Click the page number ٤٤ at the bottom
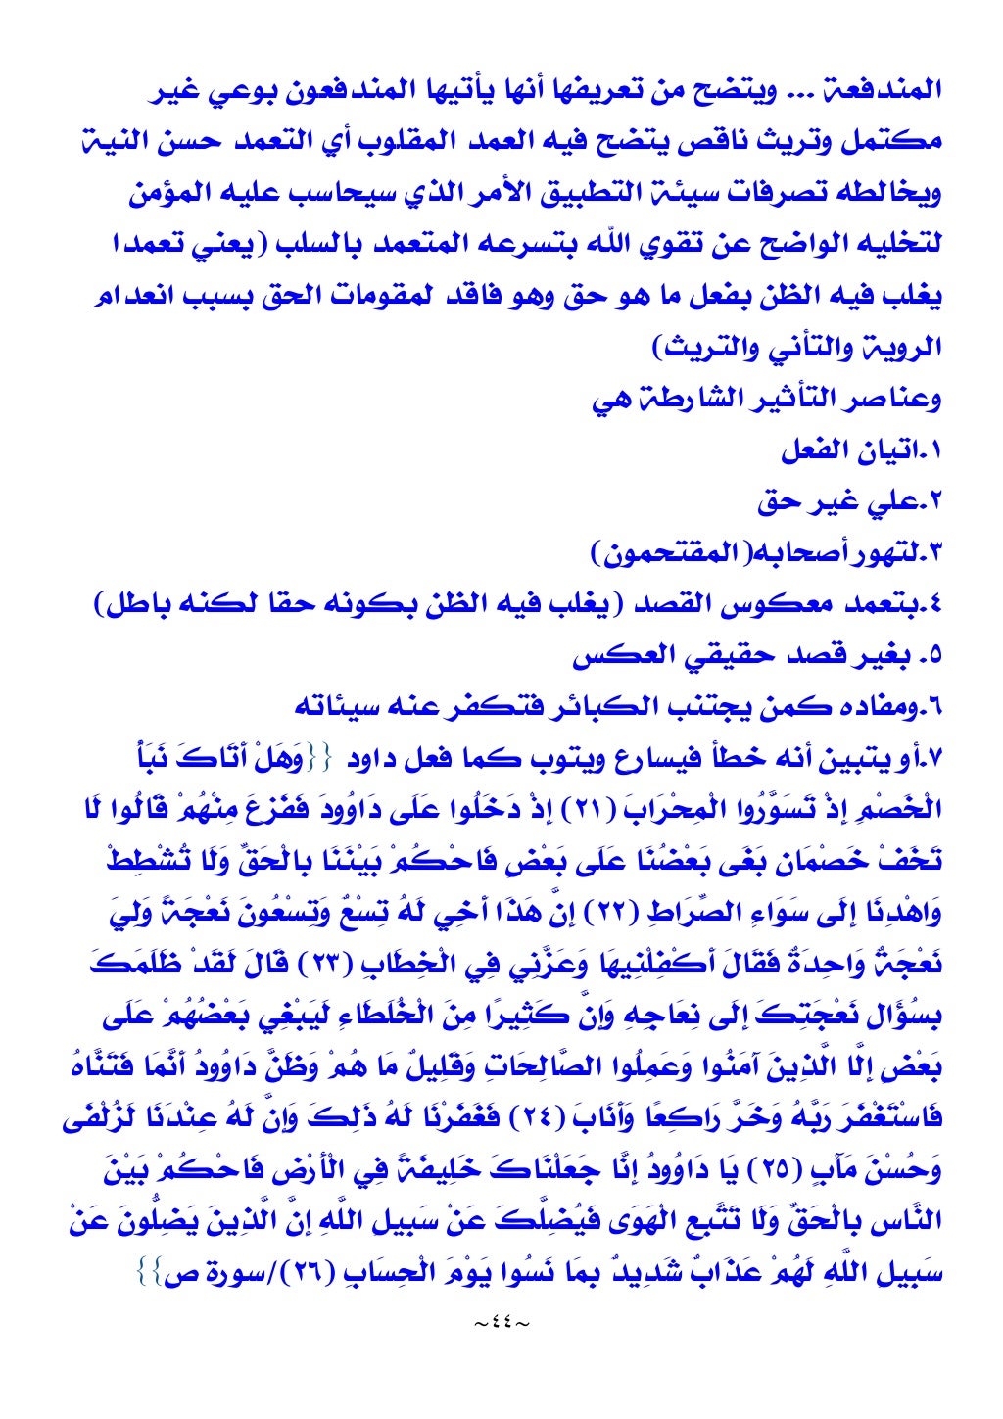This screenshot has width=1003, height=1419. click(x=501, y=1324)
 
